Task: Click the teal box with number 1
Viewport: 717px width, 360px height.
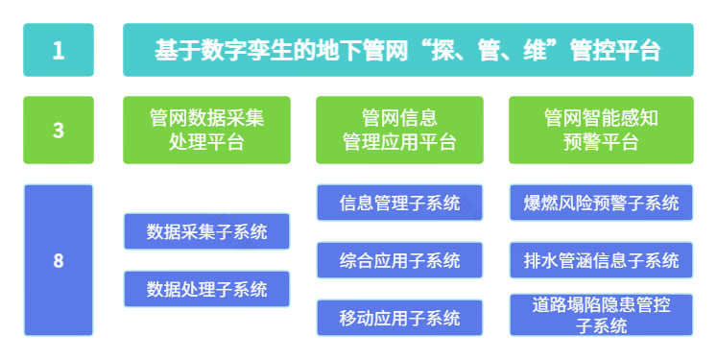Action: [x=59, y=50]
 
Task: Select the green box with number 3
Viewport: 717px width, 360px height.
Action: [x=59, y=130]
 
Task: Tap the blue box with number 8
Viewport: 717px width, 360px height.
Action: [x=59, y=259]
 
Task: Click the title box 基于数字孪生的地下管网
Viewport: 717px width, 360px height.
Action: [x=408, y=50]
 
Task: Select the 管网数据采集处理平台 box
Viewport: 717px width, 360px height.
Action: [x=206, y=130]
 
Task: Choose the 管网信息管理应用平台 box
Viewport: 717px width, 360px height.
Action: [x=399, y=130]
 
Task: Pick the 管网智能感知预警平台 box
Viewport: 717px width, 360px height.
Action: [x=601, y=130]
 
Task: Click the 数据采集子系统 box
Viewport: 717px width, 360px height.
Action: [x=206, y=231]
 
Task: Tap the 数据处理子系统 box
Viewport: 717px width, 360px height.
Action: [x=206, y=289]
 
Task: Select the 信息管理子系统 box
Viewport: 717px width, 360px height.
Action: [x=399, y=203]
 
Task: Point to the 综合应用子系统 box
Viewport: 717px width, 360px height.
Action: [x=399, y=260]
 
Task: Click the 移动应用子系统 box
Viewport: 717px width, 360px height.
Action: [x=399, y=318]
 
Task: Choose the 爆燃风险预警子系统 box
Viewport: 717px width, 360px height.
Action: [x=601, y=203]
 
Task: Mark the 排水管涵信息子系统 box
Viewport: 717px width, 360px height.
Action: [x=601, y=260]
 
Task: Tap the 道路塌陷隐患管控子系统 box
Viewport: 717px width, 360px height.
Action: [x=601, y=315]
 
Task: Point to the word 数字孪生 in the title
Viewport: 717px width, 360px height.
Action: [x=241, y=50]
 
